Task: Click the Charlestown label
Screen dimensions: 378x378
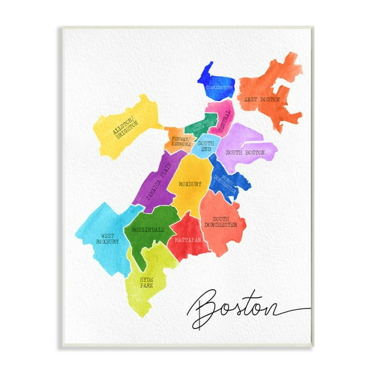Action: pos(220,87)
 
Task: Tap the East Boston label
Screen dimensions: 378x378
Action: pos(262,100)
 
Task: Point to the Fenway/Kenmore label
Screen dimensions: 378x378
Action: pos(181,142)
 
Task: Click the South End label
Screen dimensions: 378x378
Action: pos(205,146)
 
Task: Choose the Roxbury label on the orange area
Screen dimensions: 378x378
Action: pos(190,185)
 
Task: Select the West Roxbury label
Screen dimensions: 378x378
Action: pos(108,238)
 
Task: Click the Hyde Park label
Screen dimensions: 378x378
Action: pos(146,282)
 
